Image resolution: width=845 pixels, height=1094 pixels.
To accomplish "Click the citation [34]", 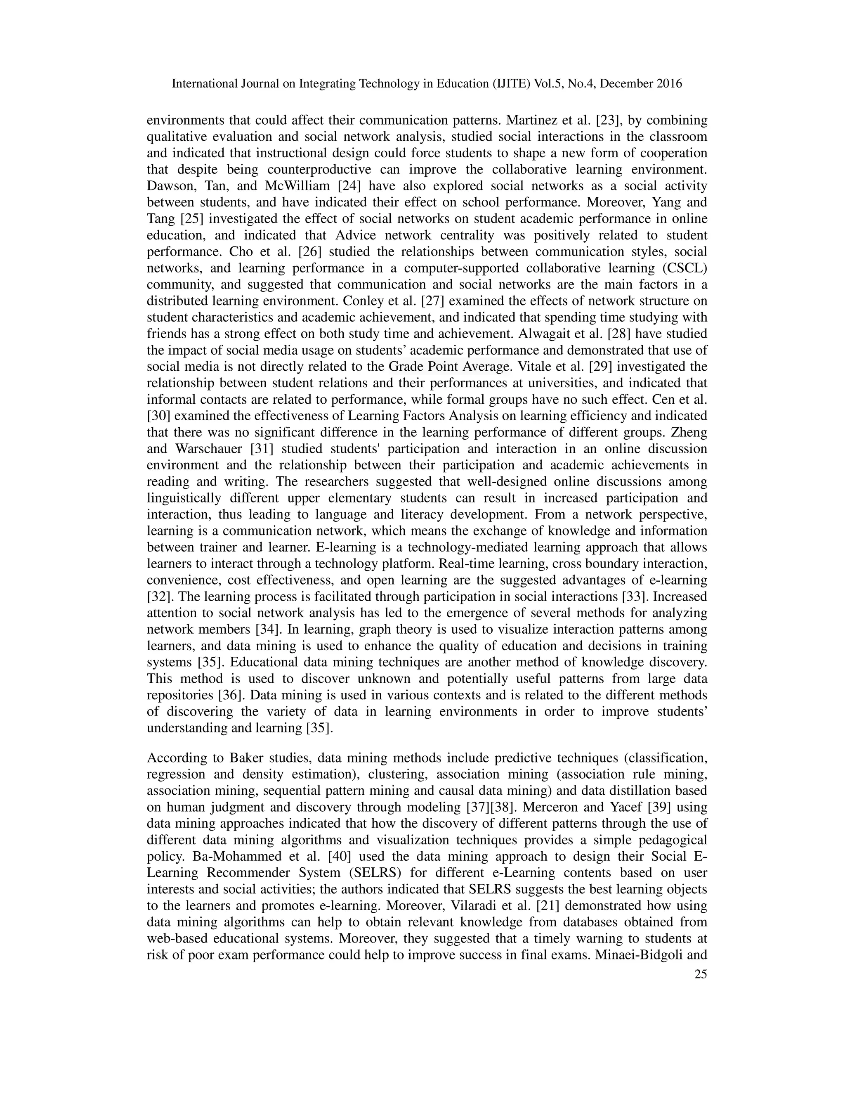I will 265,630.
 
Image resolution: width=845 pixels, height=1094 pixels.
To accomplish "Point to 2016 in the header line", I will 669,84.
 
